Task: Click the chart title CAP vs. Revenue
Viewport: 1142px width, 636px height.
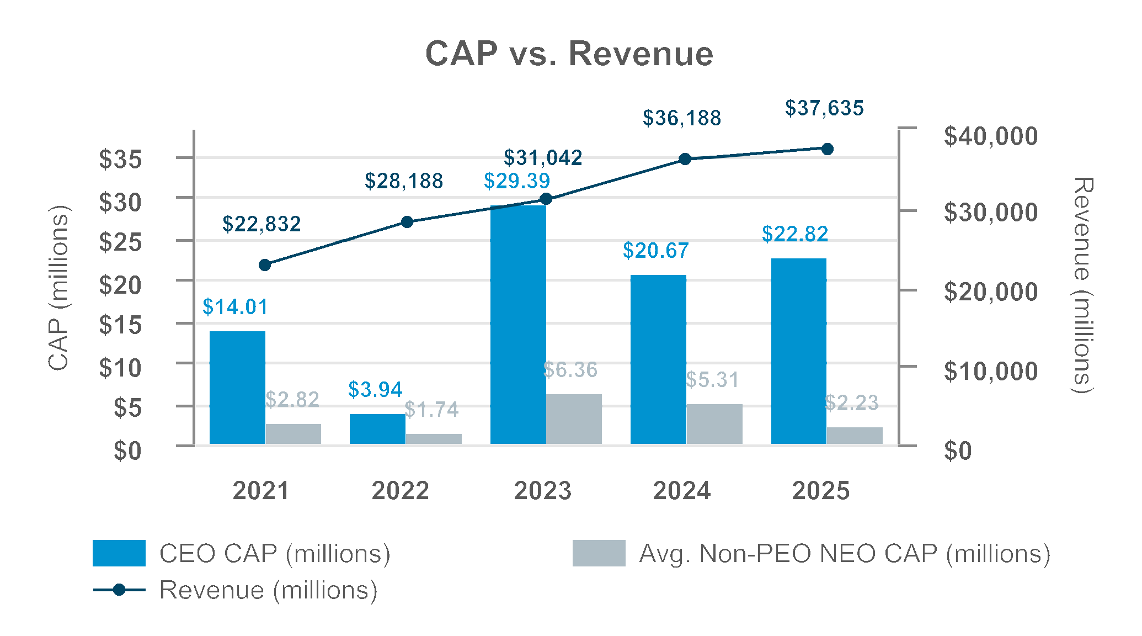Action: (569, 54)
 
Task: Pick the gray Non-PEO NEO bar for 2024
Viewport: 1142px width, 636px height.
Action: (714, 424)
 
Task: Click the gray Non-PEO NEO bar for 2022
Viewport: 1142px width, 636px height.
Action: (434, 439)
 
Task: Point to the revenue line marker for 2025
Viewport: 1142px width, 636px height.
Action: (828, 149)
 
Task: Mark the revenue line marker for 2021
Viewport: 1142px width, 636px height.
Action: (265, 265)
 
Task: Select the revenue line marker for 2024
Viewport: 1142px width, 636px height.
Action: (685, 159)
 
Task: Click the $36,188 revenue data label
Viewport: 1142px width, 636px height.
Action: (682, 118)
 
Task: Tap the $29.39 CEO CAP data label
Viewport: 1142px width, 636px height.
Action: (517, 181)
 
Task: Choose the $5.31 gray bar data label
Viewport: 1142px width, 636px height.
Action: (712, 380)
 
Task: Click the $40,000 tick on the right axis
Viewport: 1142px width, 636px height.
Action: (991, 136)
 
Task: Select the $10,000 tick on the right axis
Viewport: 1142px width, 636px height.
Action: (991, 372)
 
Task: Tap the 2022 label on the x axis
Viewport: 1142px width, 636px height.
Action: (401, 491)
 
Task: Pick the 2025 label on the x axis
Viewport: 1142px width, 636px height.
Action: (821, 491)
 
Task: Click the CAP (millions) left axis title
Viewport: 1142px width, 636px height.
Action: (58, 287)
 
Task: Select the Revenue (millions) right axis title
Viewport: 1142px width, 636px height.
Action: (1082, 285)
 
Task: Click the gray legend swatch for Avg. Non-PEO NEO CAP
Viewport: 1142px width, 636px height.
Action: (599, 553)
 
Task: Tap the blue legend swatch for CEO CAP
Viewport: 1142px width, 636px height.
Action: (119, 553)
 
